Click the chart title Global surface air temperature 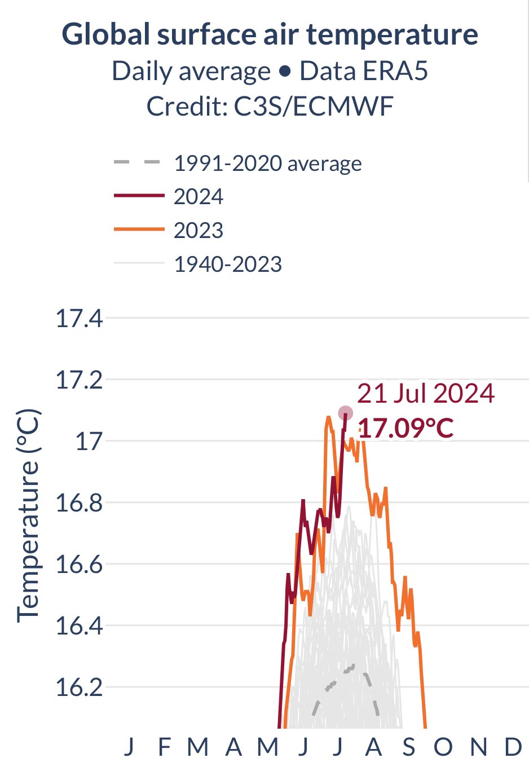pos(270,34)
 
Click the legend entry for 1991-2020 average pos(267,164)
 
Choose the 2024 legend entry pos(199,197)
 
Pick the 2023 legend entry pos(199,231)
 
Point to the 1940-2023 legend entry pos(228,265)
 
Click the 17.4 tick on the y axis pos(79,319)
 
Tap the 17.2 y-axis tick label pos(79,381)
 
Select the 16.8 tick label pos(79,503)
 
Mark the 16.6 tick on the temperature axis pos(79,565)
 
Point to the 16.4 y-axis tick pos(79,626)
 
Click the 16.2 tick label pos(79,688)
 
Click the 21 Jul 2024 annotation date pos(426,394)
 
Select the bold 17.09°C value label pos(406,429)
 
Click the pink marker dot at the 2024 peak pos(346,413)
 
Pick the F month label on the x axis pos(164,747)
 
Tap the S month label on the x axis pos(409,747)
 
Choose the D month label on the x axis pos(513,747)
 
